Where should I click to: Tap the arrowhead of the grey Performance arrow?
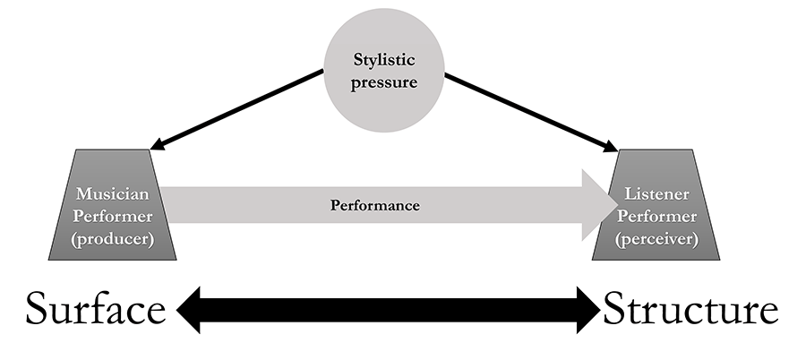click(594, 205)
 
